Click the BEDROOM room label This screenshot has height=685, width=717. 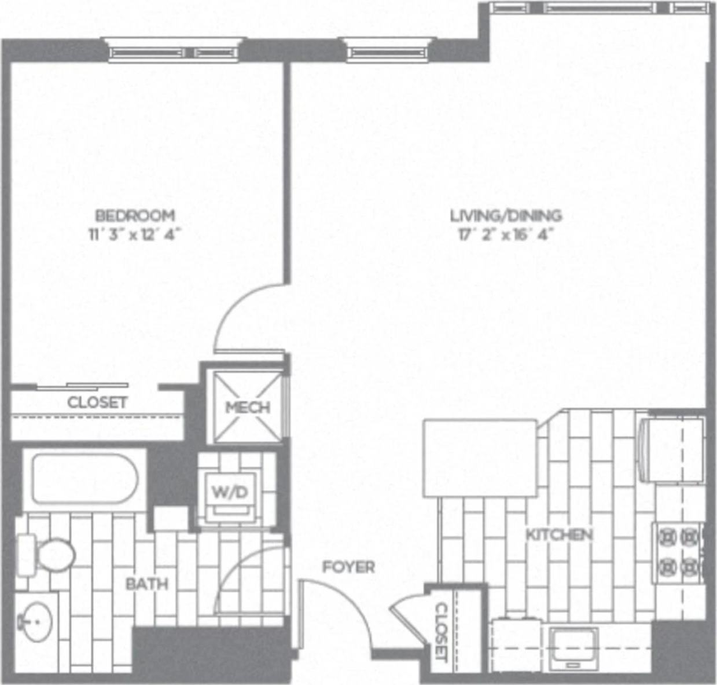(x=135, y=216)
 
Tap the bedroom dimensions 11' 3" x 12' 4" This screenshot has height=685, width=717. (x=135, y=235)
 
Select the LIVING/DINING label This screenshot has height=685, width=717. (x=506, y=216)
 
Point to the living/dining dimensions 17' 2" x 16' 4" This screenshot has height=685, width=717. (x=506, y=235)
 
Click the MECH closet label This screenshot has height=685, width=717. (x=248, y=408)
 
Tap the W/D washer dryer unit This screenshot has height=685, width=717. (x=230, y=493)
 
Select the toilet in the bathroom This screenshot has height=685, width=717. (x=50, y=555)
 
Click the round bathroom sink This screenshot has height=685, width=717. (x=36, y=622)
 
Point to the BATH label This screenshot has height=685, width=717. (x=147, y=584)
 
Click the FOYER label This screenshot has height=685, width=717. (x=348, y=567)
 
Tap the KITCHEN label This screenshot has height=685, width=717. (x=559, y=534)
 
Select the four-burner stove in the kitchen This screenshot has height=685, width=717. (x=678, y=552)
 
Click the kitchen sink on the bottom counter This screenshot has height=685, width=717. (x=573, y=647)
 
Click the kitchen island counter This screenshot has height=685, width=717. (x=480, y=458)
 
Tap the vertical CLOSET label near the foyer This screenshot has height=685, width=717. (x=441, y=632)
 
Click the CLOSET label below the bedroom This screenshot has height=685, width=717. (x=97, y=402)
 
